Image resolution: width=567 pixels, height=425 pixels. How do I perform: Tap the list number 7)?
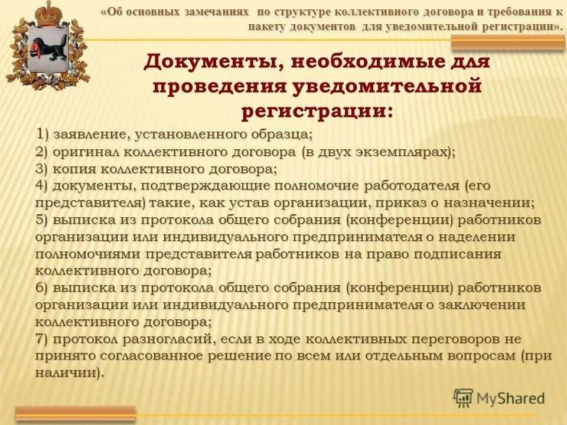click(x=43, y=339)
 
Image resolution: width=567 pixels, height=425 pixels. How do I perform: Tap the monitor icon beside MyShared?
click(x=463, y=398)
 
